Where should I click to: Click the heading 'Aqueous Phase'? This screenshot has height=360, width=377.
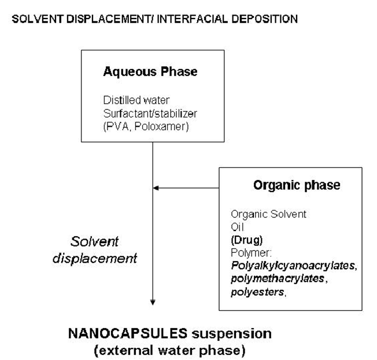pos(150,72)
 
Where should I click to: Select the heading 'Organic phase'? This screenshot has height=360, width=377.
pos(297,186)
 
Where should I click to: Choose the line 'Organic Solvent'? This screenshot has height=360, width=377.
pos(268,214)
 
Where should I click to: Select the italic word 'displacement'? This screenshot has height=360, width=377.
pos(95,258)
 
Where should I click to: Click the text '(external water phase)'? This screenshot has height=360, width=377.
pos(169,350)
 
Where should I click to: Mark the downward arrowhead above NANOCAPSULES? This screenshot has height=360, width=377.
pos(153,301)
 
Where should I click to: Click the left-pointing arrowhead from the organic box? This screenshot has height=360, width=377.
pos(156,188)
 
